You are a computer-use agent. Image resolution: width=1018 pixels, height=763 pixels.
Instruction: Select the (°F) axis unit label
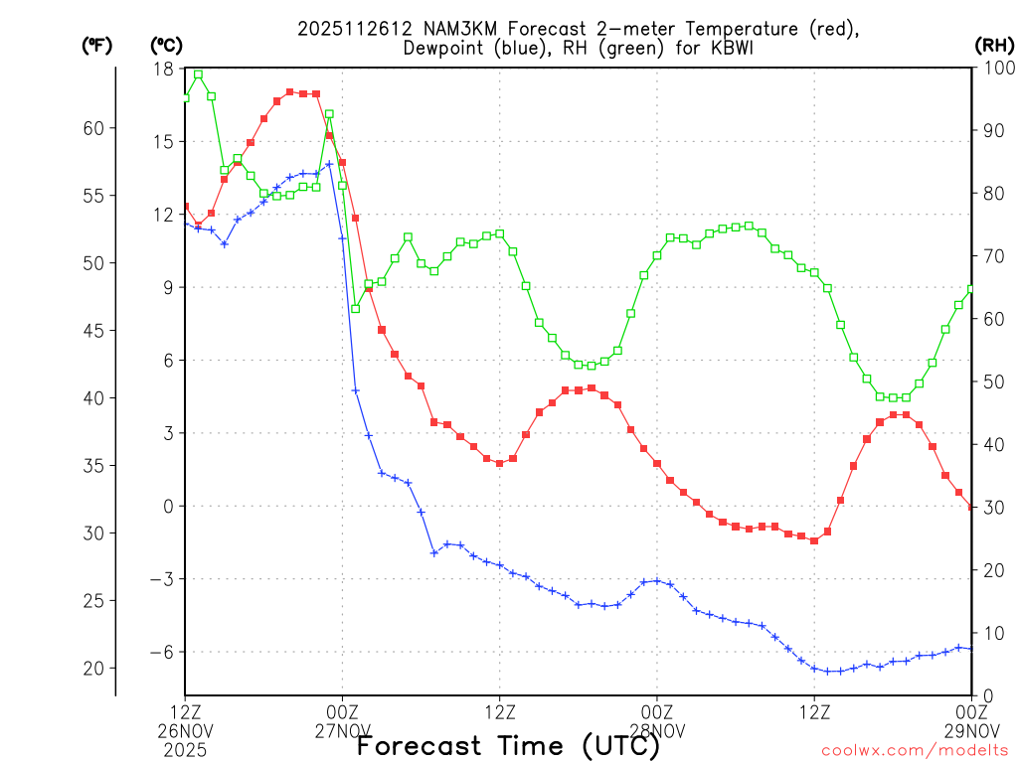pos(97,45)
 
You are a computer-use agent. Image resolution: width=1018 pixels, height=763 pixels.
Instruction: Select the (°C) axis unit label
pos(166,45)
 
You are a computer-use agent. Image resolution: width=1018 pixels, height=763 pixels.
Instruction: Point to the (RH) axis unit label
pos(994,45)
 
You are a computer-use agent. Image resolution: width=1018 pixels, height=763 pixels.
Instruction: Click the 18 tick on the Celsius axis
pos(163,69)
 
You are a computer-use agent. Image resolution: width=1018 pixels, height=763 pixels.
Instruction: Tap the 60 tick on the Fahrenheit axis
pos(95,128)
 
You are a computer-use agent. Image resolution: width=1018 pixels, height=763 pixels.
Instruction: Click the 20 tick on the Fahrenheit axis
pos(95,668)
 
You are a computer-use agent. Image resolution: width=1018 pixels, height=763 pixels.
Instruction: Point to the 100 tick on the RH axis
pos(995,69)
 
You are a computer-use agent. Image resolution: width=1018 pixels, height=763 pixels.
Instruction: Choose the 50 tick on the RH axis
pos(990,381)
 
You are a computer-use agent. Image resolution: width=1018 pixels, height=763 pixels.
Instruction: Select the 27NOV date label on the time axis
pos(342,730)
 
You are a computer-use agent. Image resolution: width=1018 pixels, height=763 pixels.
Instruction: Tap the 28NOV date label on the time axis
pos(657,730)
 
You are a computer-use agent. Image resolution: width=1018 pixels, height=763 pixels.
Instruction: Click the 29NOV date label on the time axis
pos(971,730)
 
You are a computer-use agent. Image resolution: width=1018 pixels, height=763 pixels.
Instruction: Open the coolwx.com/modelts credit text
pos(915,750)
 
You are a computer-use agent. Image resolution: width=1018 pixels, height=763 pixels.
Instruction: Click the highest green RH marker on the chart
pos(198,75)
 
